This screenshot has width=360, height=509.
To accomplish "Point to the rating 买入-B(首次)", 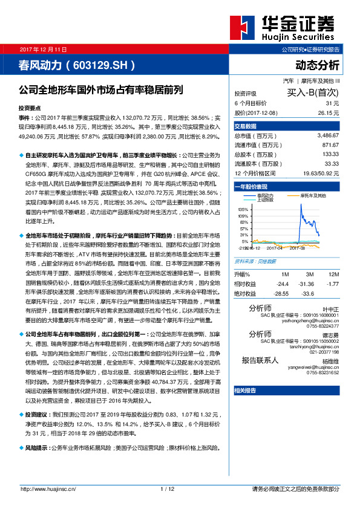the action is [314, 93].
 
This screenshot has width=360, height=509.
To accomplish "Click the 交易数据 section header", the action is [245, 126].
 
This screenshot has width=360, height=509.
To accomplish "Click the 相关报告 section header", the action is [245, 391].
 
